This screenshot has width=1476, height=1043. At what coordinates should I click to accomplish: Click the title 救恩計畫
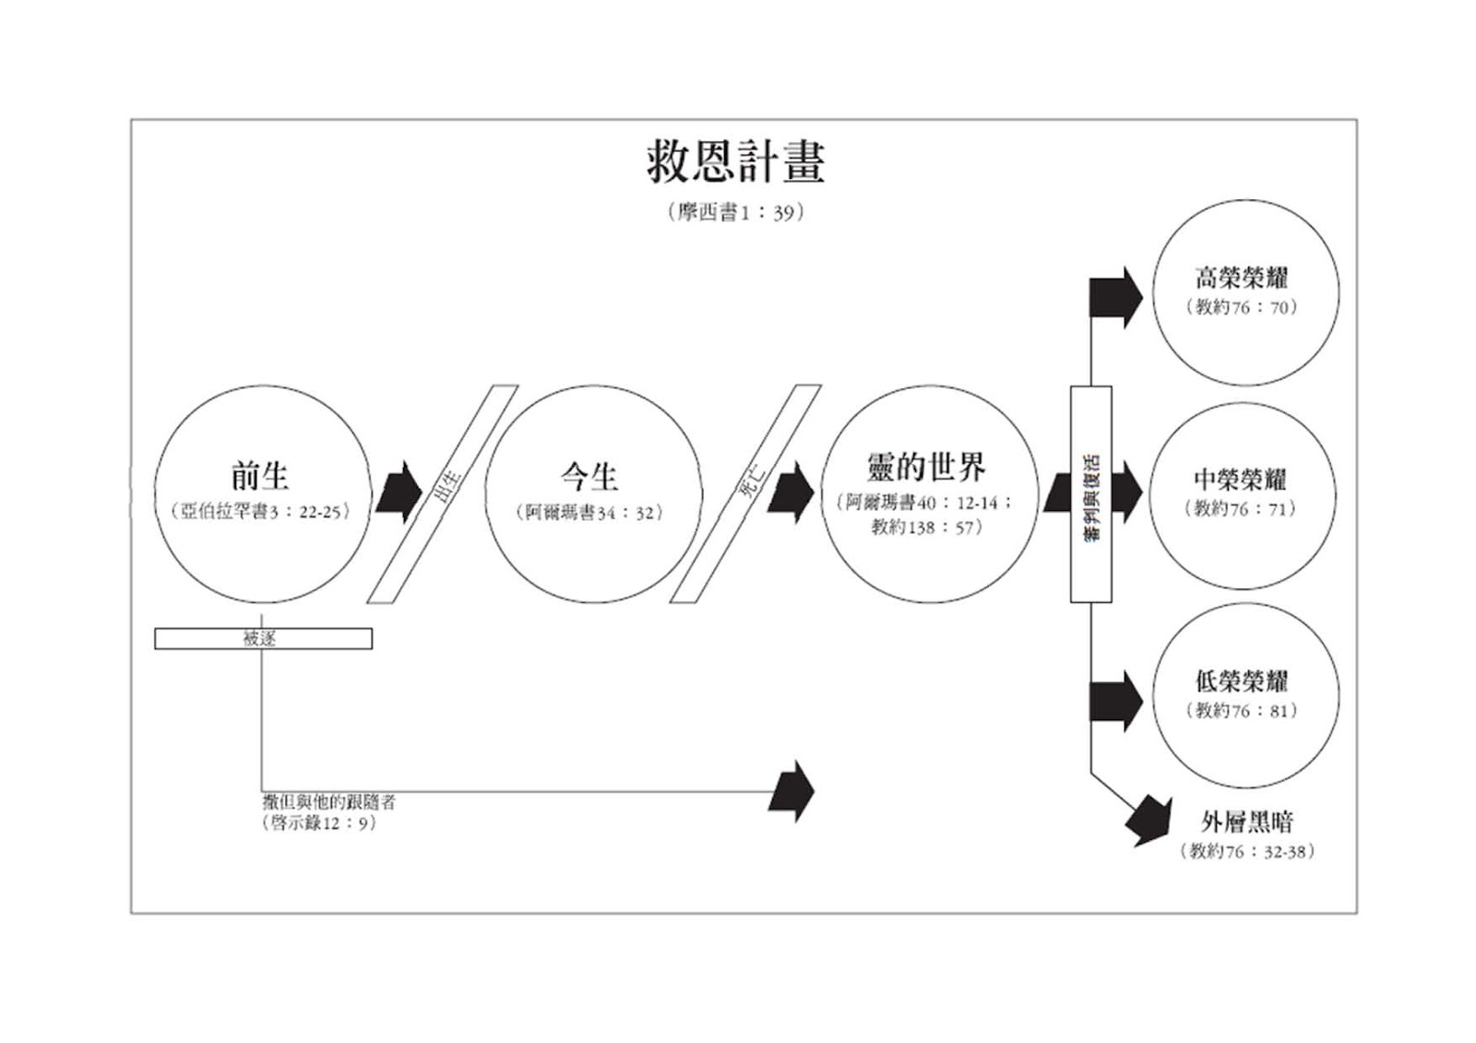[x=735, y=162]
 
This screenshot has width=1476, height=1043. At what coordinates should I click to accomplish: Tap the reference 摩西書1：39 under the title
[x=735, y=212]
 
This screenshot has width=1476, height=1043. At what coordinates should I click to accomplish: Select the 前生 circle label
[x=260, y=476]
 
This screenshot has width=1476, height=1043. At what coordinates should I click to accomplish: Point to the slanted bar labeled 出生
[x=443, y=494]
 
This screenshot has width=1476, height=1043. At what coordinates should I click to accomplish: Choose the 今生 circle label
[x=589, y=476]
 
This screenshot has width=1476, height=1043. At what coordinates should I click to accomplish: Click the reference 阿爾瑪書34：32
[x=589, y=512]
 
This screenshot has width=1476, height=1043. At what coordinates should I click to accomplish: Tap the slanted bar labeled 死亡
[x=745, y=494]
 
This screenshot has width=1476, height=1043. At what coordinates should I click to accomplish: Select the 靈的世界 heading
[x=925, y=467]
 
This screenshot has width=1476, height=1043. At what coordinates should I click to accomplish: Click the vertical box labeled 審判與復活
[x=1090, y=494]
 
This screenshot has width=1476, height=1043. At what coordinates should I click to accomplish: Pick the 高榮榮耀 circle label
[x=1242, y=277]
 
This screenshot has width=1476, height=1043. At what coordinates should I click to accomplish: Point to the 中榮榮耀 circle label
[x=1240, y=479]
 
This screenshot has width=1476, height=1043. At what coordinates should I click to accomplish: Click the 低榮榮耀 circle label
[x=1242, y=681]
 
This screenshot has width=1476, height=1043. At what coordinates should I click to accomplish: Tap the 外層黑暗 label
[x=1247, y=821]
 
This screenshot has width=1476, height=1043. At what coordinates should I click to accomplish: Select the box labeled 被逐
[x=263, y=638]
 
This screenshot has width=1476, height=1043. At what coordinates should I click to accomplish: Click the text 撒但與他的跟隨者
[x=329, y=802]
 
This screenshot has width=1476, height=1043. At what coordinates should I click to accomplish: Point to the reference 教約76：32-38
[x=1247, y=851]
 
